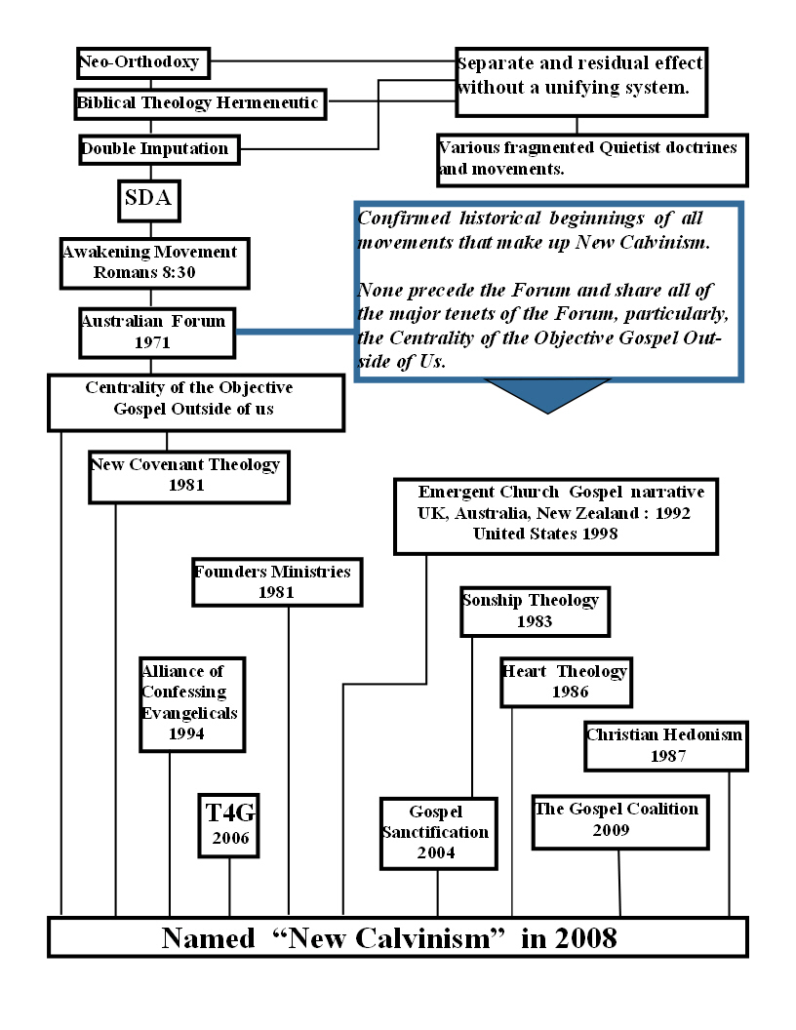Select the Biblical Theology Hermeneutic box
(x=199, y=103)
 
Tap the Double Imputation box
(x=156, y=149)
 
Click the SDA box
(x=149, y=200)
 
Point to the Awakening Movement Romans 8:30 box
(x=149, y=262)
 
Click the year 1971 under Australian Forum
(x=153, y=342)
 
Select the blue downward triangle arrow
(x=547, y=394)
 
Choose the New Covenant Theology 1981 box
(x=188, y=475)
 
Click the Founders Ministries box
(x=276, y=581)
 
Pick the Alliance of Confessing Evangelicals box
(x=191, y=702)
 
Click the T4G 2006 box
(x=229, y=825)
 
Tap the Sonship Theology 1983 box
(x=535, y=611)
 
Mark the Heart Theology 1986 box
(x=565, y=681)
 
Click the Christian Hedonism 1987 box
(x=665, y=744)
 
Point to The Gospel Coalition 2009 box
(x=618, y=820)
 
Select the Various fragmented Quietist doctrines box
(x=591, y=159)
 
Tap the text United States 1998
(x=544, y=534)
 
